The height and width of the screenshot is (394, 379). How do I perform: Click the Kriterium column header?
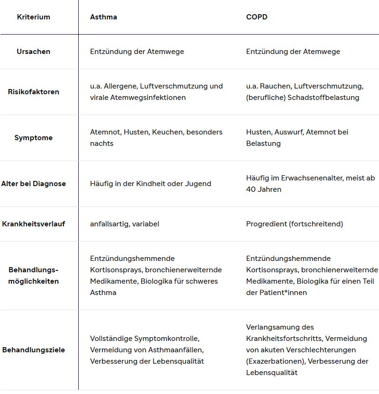tap(33, 17)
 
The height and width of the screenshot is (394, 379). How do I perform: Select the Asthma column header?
tap(103, 17)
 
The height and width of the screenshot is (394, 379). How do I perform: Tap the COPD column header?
tap(257, 17)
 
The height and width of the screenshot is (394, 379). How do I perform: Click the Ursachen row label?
tap(33, 52)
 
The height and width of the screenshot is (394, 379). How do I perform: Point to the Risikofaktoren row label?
tap(33, 92)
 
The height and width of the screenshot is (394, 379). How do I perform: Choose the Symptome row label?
tap(33, 138)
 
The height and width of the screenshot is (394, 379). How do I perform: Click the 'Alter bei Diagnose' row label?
tap(33, 184)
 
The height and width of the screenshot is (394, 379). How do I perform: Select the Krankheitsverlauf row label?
tap(33, 224)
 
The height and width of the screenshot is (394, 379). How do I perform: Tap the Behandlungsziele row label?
tap(33, 350)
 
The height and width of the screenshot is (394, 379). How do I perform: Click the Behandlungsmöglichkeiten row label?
tap(33, 276)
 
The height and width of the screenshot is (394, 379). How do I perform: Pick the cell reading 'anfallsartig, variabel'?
tap(124, 224)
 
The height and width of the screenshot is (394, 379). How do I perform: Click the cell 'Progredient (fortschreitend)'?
tap(294, 224)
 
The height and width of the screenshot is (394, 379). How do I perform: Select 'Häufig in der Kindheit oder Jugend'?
tap(150, 184)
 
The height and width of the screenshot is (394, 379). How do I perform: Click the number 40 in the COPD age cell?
tap(250, 189)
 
